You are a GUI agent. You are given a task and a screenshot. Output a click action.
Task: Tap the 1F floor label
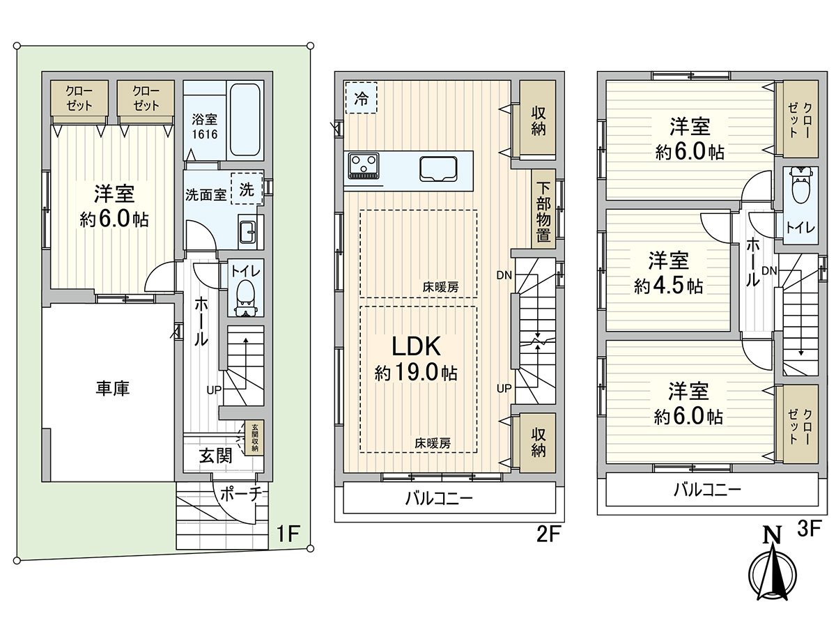pyautogui.click(x=288, y=535)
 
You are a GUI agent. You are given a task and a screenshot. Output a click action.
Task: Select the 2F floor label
pyautogui.click(x=548, y=535)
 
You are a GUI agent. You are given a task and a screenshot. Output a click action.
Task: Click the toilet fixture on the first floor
pyautogui.click(x=245, y=292)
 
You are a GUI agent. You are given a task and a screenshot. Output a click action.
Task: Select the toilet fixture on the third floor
pyautogui.click(x=800, y=184)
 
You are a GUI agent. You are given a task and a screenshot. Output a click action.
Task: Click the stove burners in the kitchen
pyautogui.click(x=364, y=166)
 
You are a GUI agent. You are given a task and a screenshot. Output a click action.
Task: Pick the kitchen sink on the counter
pyautogui.click(x=438, y=167)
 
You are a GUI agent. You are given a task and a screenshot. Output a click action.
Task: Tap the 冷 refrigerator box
pyautogui.click(x=361, y=98)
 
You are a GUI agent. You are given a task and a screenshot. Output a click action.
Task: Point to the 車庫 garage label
pyautogui.click(x=112, y=388)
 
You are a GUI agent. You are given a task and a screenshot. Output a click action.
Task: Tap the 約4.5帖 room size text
pyautogui.click(x=668, y=285)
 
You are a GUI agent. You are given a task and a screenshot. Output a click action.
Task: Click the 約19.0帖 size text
pyautogui.click(x=416, y=373)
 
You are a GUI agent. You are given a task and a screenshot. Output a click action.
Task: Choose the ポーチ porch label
pyautogui.click(x=240, y=494)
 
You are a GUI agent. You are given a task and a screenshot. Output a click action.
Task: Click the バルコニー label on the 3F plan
pyautogui.click(x=707, y=490)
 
